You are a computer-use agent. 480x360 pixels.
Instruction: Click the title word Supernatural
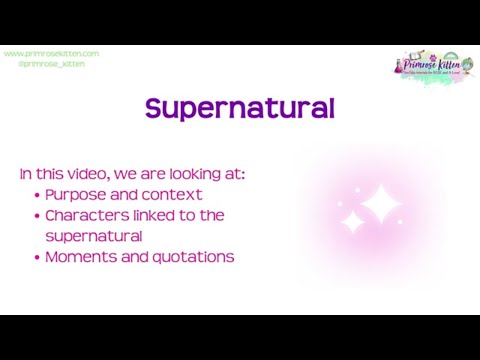239,108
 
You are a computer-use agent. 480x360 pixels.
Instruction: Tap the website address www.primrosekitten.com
51,53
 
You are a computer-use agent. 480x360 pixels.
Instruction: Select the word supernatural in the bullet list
94,236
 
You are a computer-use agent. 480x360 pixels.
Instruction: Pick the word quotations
193,257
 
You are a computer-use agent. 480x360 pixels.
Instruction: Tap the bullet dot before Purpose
37,195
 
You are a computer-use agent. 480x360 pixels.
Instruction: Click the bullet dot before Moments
37,257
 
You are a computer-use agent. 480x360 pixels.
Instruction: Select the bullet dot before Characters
37,215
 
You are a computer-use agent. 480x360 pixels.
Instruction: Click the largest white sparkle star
379,206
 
